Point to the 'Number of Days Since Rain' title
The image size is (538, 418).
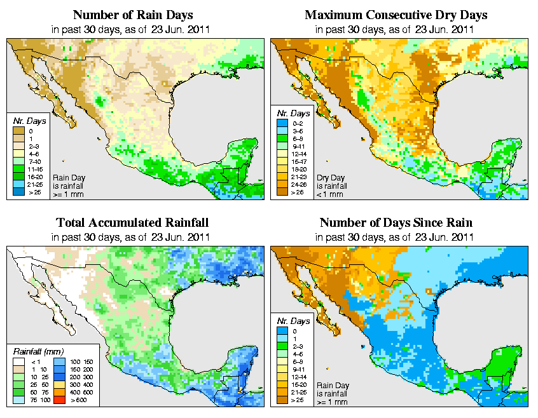point(396,223)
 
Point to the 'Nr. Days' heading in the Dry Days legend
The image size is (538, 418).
point(295,114)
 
